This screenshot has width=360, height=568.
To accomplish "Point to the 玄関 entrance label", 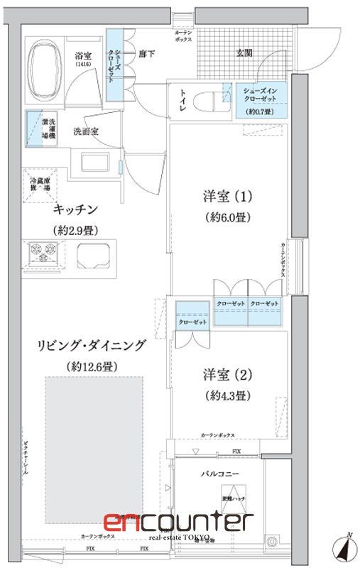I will tap(245, 52).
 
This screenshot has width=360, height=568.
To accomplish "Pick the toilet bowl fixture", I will tap(207, 99).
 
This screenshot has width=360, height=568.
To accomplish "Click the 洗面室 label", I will tap(86, 131).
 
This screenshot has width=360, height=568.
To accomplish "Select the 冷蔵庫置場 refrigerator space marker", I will tap(40, 185).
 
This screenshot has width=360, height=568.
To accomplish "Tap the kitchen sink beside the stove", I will tap(95, 253).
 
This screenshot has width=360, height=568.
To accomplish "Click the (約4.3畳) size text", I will tap(228, 394).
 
